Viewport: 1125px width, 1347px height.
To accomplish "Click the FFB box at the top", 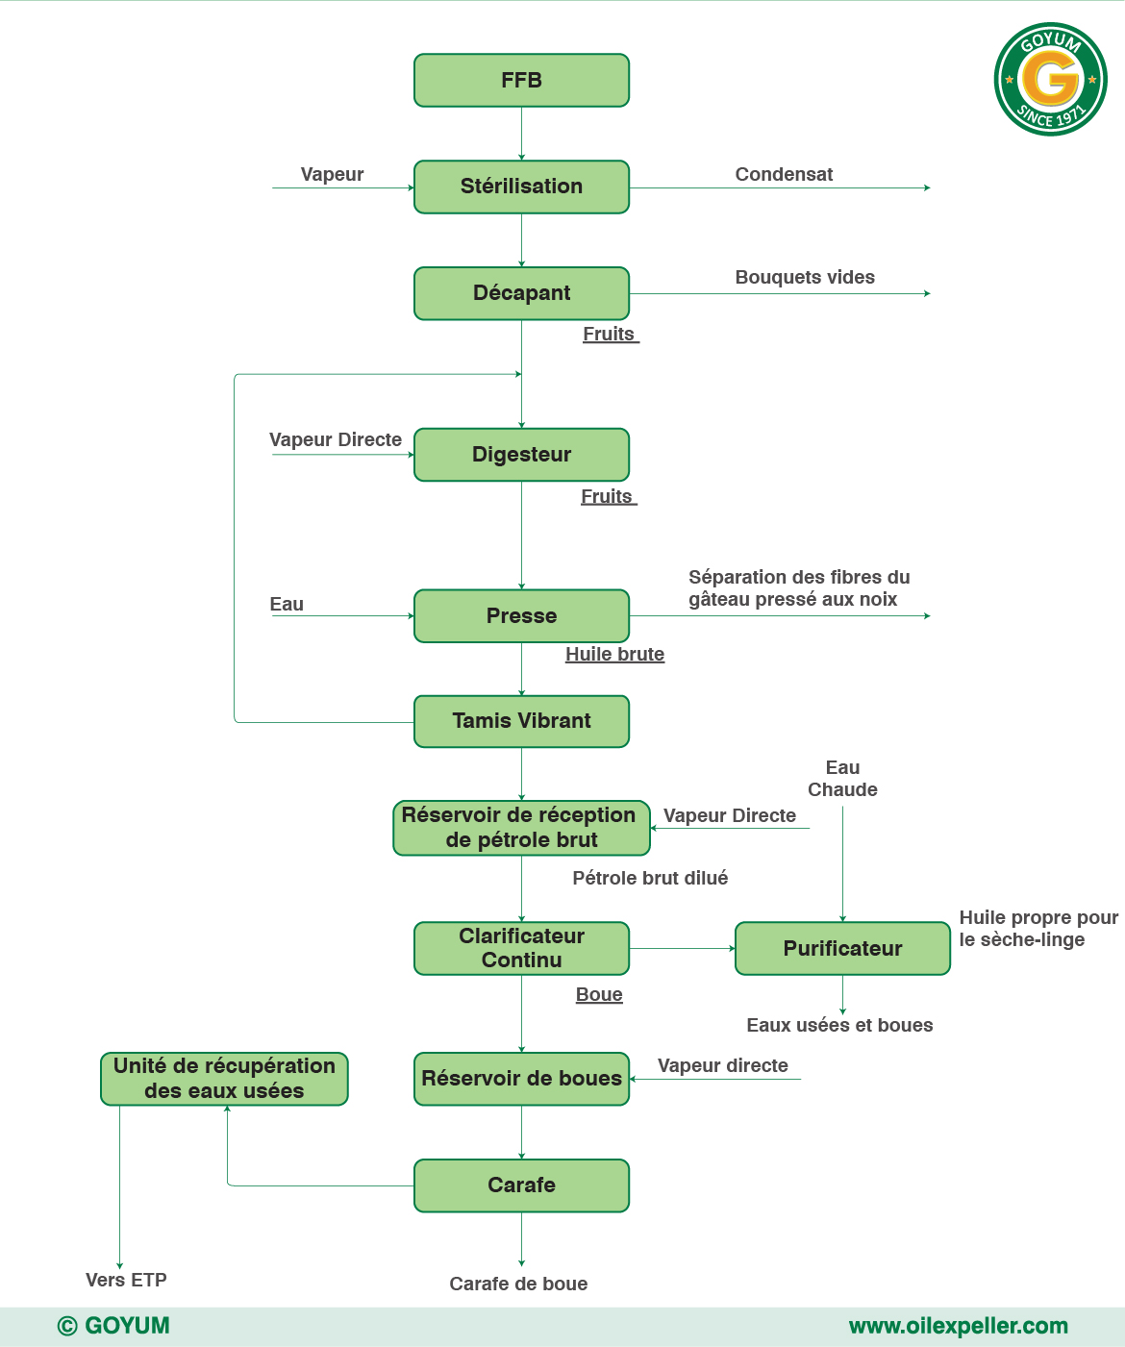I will [521, 81].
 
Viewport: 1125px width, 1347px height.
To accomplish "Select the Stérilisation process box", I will [521, 187].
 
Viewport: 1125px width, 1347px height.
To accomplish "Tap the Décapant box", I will [521, 293].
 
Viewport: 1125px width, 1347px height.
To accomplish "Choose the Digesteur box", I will [521, 455].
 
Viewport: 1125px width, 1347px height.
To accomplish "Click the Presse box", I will [521, 616].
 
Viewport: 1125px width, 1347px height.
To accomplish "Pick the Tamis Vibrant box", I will [521, 721].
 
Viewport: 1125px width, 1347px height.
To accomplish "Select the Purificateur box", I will [842, 949].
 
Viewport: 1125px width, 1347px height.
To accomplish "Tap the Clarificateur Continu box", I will [521, 949].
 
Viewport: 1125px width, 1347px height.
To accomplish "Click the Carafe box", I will [521, 1185].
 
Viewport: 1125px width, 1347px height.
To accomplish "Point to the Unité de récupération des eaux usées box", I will [224, 1079].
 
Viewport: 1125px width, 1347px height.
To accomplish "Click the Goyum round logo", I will [1050, 79].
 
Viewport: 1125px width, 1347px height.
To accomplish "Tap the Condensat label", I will [784, 174].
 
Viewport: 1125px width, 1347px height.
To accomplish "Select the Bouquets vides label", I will [805, 277].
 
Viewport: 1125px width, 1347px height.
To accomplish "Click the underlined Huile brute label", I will [614, 654].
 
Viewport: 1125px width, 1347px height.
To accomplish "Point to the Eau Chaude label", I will [842, 779].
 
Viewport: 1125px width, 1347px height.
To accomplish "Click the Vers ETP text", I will [126, 1280].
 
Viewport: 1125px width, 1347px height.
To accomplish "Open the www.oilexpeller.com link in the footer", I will [958, 1326].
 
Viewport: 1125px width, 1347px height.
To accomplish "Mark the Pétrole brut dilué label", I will [650, 878].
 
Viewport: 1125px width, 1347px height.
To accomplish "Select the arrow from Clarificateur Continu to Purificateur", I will [682, 949].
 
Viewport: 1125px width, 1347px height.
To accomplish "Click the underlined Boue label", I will [599, 994].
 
